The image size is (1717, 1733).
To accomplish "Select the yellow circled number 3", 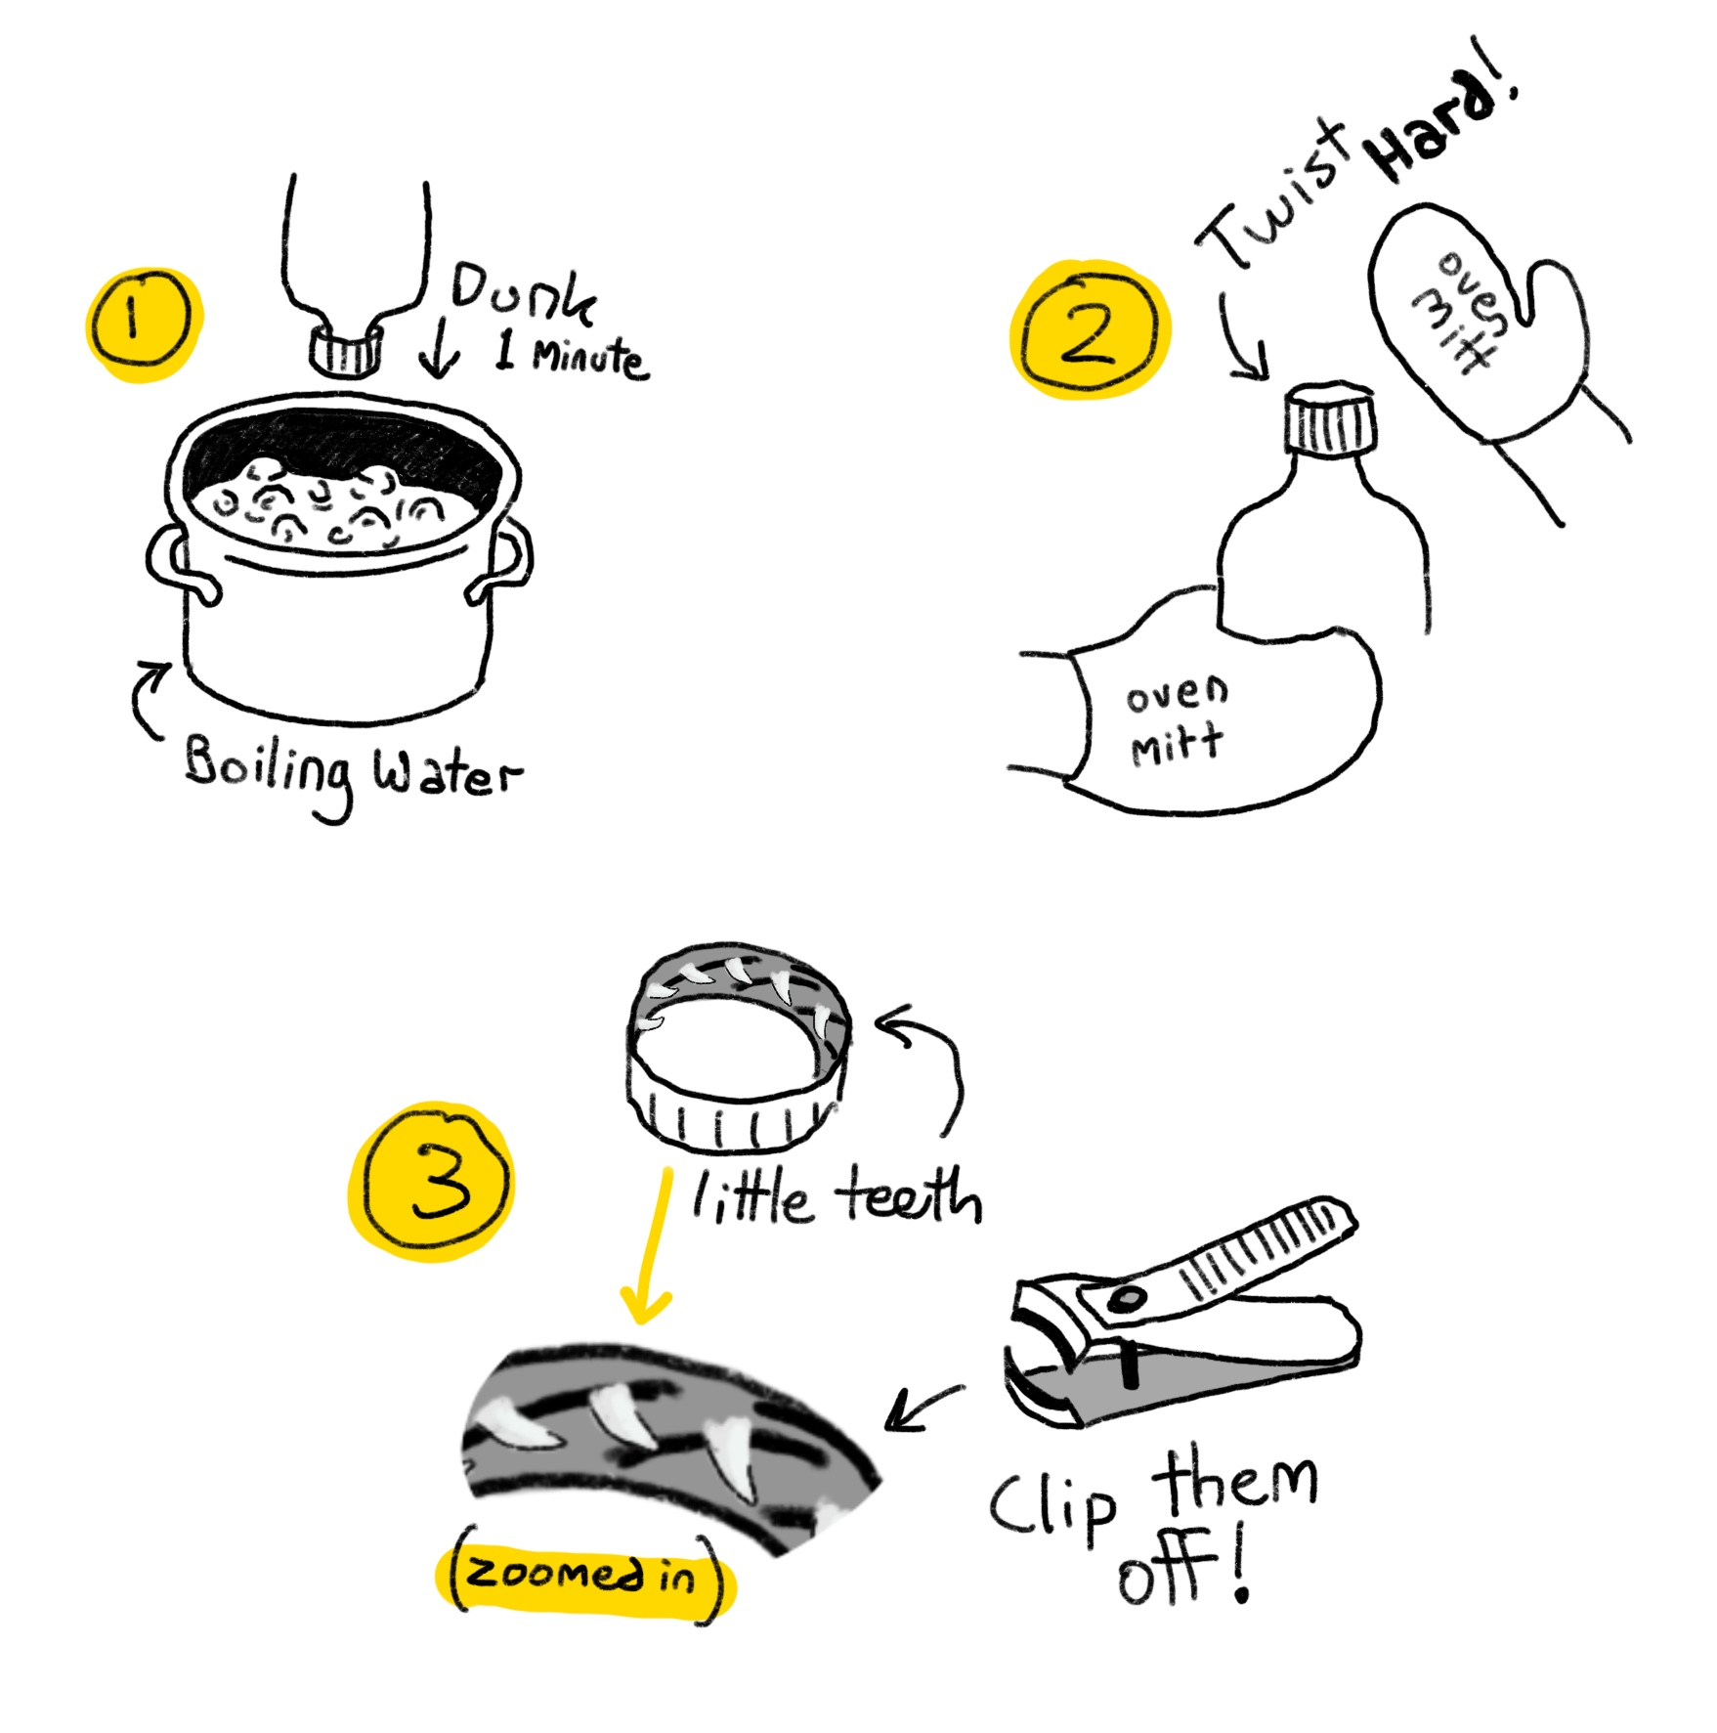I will point(431,1182).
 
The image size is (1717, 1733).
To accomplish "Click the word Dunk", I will point(522,292).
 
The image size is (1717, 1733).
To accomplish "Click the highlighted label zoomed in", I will point(583,1575).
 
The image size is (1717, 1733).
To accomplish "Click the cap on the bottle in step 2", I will point(1329,420).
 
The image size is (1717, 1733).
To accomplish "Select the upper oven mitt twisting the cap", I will point(1476,323).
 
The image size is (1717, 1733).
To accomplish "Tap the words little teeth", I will point(836,1196).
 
